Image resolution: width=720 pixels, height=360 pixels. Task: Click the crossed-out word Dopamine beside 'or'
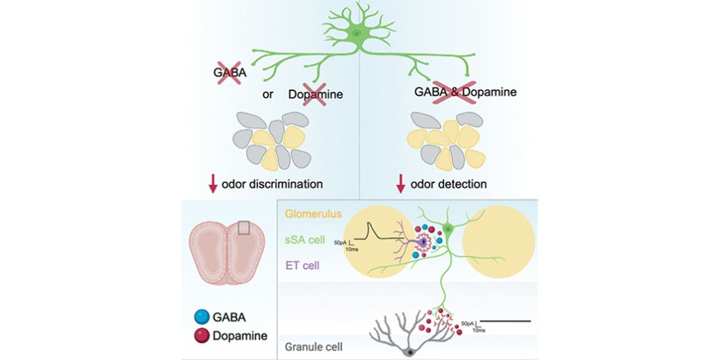316,94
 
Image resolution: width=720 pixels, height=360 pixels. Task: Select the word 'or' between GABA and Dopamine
268,94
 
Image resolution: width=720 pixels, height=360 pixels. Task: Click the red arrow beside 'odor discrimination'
213,184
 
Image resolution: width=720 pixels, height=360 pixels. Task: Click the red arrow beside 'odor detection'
401,184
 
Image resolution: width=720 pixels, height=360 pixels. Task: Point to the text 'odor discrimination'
272,184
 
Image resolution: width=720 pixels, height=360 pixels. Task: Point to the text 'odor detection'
448,184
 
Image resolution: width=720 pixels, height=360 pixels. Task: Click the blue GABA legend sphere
200,316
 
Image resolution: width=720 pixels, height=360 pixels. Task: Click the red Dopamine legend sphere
200,335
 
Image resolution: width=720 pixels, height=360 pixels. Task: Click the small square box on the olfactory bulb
245,228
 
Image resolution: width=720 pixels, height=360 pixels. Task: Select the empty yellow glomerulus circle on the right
499,242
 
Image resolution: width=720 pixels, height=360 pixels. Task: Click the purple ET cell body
422,242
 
